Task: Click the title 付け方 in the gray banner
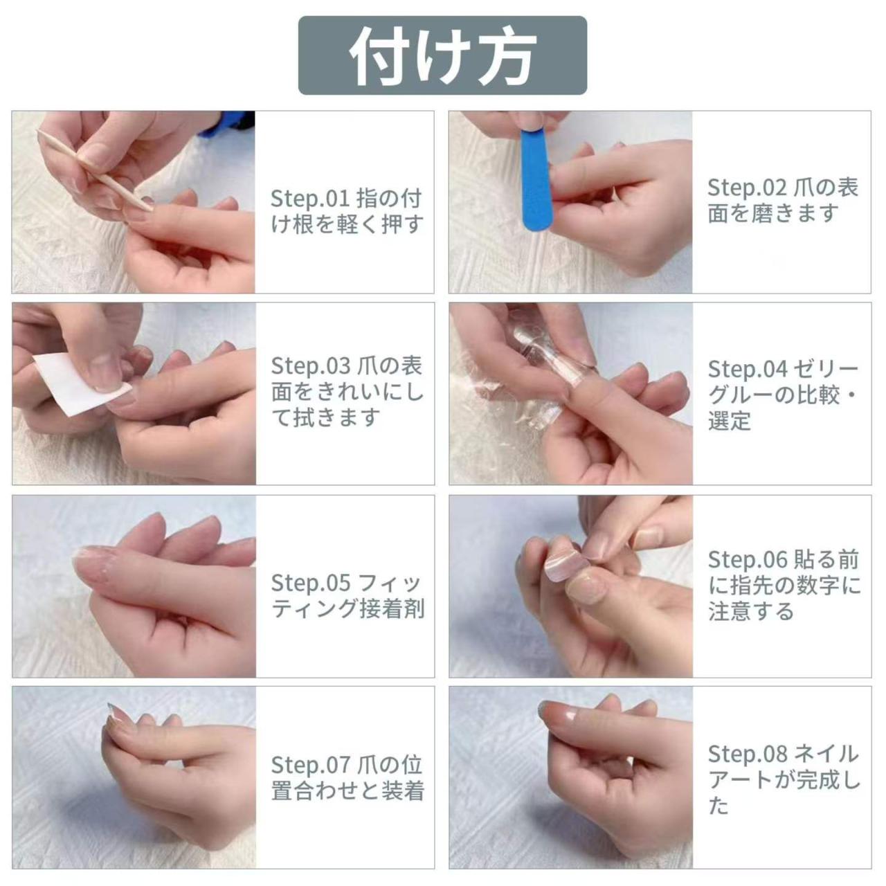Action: (442, 56)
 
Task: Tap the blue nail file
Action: (536, 180)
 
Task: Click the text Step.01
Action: (310, 199)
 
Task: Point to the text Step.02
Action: (747, 188)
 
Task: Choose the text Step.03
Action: (310, 366)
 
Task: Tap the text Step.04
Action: (747, 369)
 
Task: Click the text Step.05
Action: (310, 583)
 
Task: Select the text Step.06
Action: (747, 559)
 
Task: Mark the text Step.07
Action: (310, 766)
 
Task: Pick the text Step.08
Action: (747, 754)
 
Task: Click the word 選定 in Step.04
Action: (729, 421)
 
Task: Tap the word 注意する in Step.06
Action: (751, 611)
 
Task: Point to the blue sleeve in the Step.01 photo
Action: (227, 125)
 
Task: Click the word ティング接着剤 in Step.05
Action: (347, 608)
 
